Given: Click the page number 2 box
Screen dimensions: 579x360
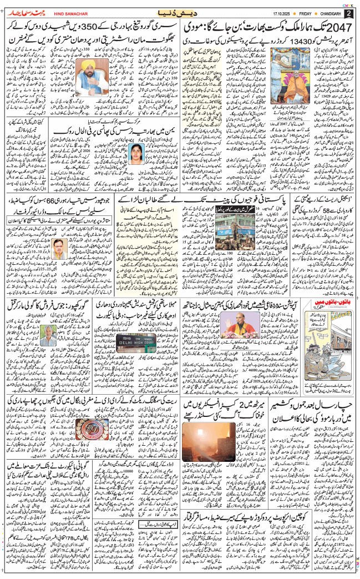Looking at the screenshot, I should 349,13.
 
